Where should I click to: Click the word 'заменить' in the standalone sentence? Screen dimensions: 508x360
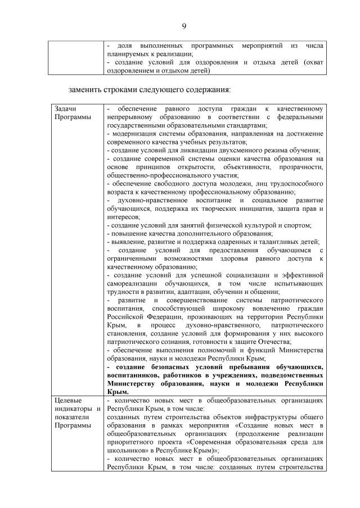85,90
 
